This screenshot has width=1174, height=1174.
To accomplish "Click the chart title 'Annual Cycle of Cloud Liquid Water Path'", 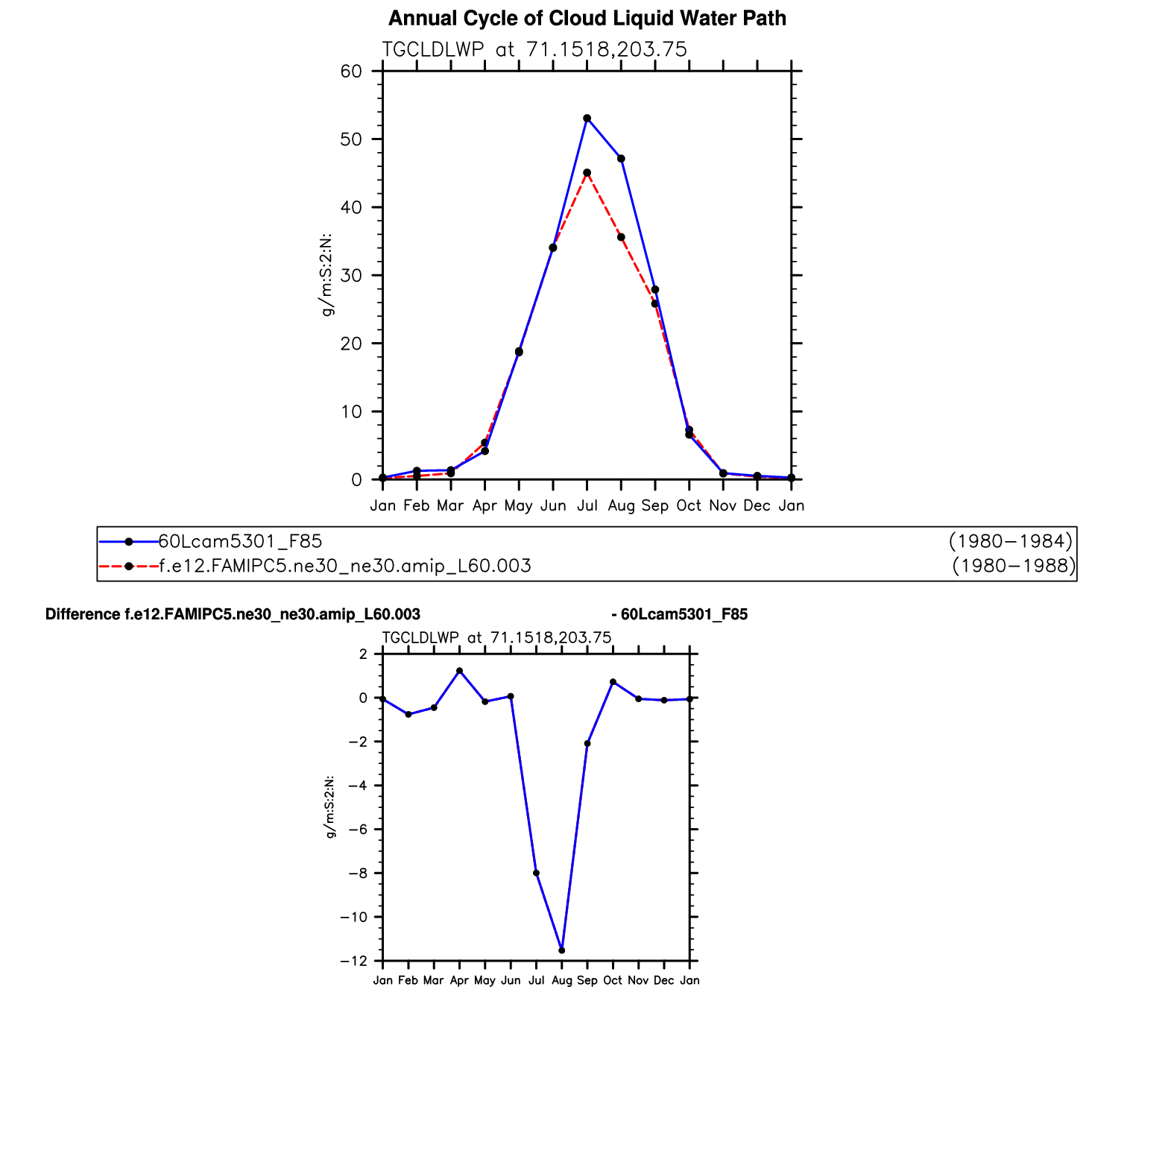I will coord(587,19).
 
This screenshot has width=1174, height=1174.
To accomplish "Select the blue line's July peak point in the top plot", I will coord(587,119).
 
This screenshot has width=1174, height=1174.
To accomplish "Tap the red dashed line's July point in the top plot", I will coord(587,173).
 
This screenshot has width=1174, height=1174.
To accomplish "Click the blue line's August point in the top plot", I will coord(621,159).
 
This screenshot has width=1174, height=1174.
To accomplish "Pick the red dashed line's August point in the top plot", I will coord(621,237).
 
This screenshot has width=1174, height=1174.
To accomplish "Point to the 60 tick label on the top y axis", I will coord(351,72).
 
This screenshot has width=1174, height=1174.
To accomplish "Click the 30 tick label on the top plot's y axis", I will coord(351,276).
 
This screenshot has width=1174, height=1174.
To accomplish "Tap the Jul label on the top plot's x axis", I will coord(587,506).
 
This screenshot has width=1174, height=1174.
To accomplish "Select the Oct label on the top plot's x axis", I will coord(689,506).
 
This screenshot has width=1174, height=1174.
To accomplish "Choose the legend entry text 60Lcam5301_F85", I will coord(240,541).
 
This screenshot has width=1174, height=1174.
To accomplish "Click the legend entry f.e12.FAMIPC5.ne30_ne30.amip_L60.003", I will coord(345,567).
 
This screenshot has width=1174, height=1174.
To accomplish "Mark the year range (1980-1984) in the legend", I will coord(1011,541).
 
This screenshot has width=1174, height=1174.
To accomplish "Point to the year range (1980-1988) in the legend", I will coord(1014,567).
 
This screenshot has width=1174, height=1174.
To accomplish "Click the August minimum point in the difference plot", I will coord(562,950).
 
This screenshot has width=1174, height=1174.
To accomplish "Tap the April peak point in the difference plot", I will coord(459,671).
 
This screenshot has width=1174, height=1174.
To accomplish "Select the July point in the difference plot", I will coord(536,873).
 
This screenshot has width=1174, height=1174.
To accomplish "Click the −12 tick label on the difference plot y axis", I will coord(354,962).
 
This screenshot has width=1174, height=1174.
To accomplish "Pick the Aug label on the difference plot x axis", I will coord(562,981).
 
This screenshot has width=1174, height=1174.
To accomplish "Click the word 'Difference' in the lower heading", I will coord(83,615).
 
